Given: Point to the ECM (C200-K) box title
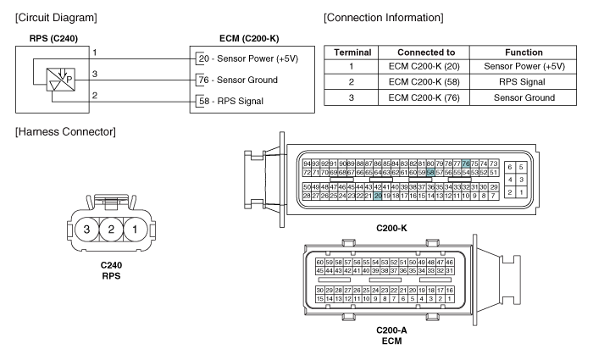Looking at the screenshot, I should (x=226, y=36).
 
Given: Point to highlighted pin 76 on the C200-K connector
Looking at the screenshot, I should (x=466, y=163).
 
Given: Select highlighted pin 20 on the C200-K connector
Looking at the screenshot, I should (x=378, y=195).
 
